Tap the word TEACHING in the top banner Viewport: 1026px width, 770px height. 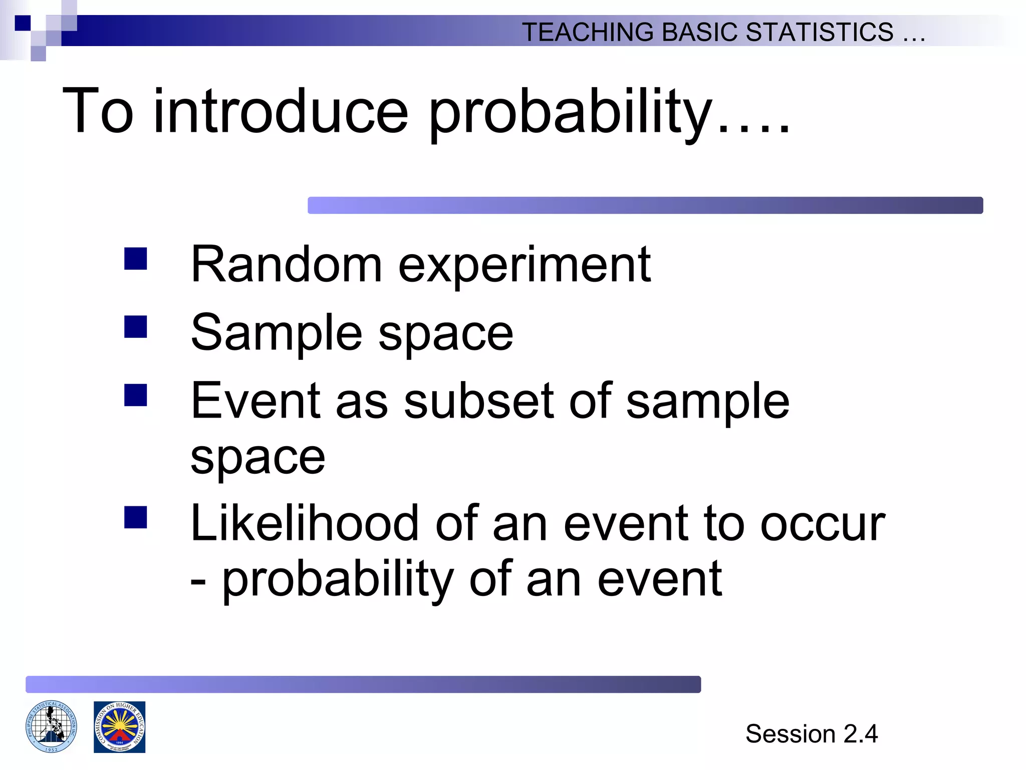tap(588, 32)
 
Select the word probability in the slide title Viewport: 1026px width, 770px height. tap(571, 113)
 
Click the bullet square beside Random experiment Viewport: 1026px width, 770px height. tap(136, 259)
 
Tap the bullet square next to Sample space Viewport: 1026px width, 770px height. tap(136, 326)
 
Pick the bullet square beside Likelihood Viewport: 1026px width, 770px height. tap(136, 517)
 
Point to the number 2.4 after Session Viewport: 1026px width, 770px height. tap(861, 734)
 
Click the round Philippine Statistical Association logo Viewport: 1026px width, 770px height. tap(52, 726)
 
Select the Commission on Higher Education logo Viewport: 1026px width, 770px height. tap(119, 727)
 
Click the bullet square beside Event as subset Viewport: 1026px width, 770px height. tap(136, 395)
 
